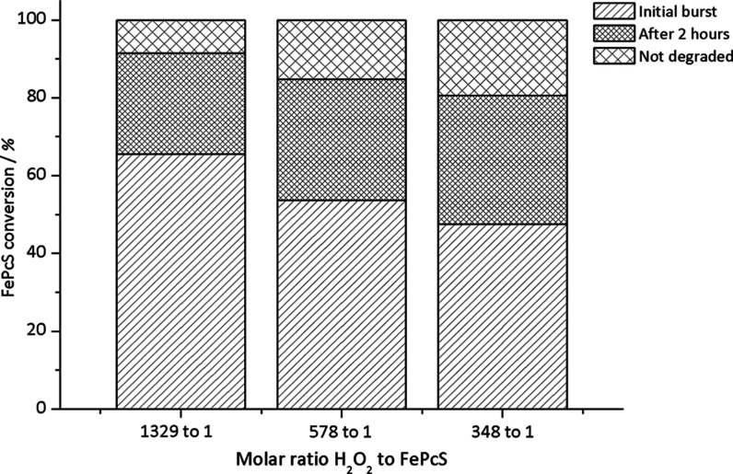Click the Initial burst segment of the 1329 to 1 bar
pos(180,281)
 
